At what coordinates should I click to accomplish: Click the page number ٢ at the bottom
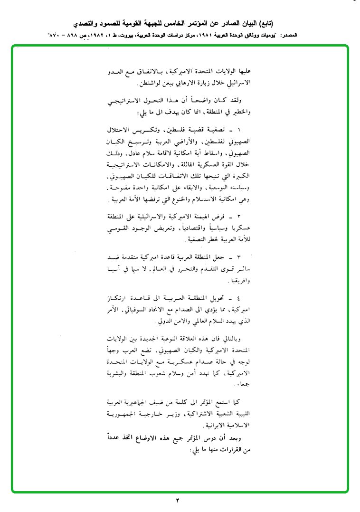(178, 500)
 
